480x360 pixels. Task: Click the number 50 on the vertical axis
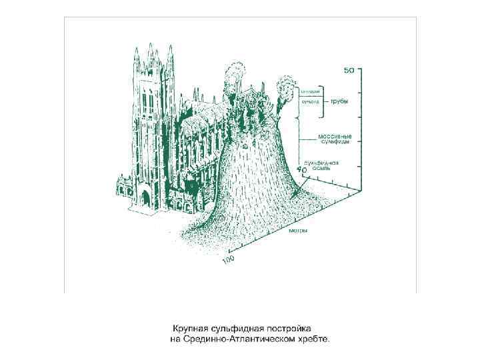click(x=349, y=69)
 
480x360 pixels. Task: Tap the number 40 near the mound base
click(x=302, y=171)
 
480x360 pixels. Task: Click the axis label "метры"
click(x=299, y=230)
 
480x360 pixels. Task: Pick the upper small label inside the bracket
click(x=311, y=91)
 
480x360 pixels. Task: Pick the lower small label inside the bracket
click(x=311, y=102)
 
